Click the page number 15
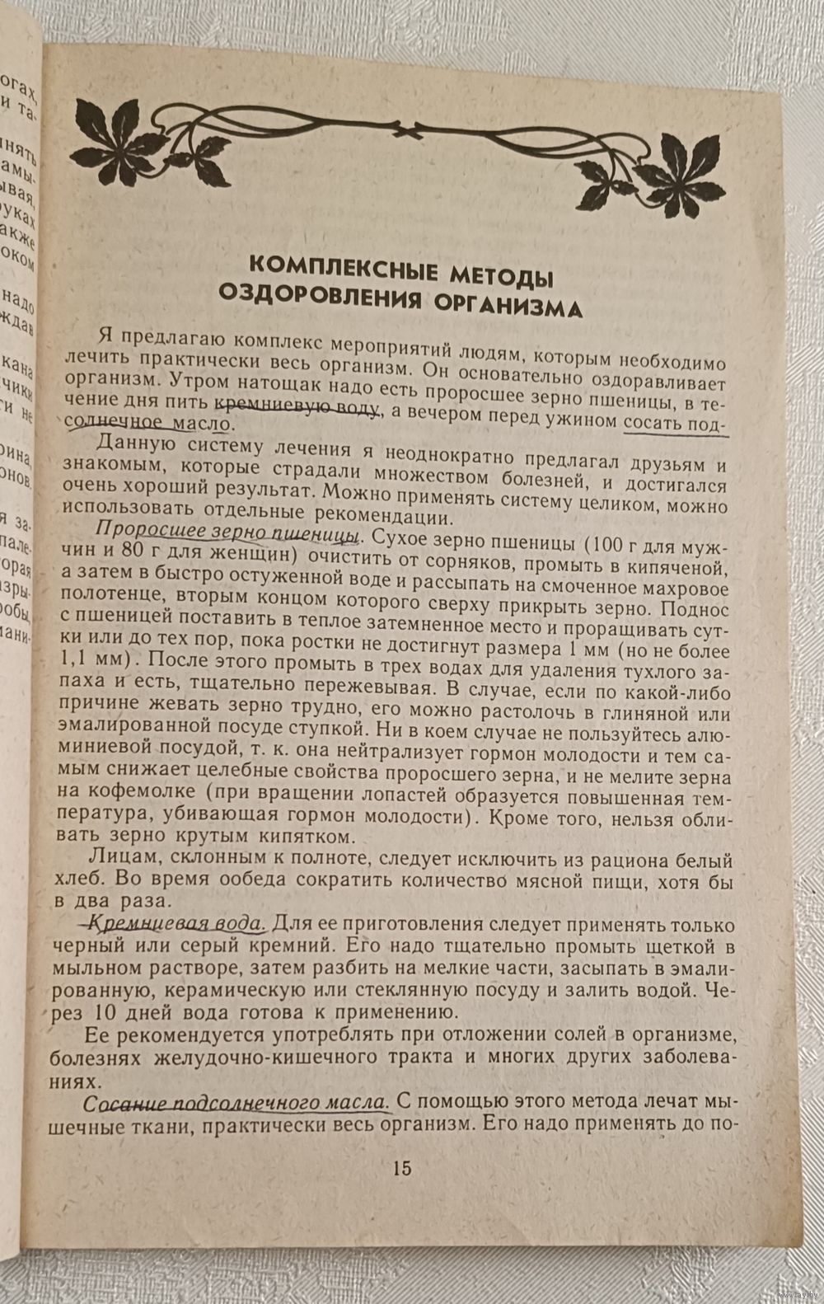[402, 1168]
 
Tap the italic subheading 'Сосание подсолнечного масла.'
[236, 1102]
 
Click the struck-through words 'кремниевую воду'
[297, 406]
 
